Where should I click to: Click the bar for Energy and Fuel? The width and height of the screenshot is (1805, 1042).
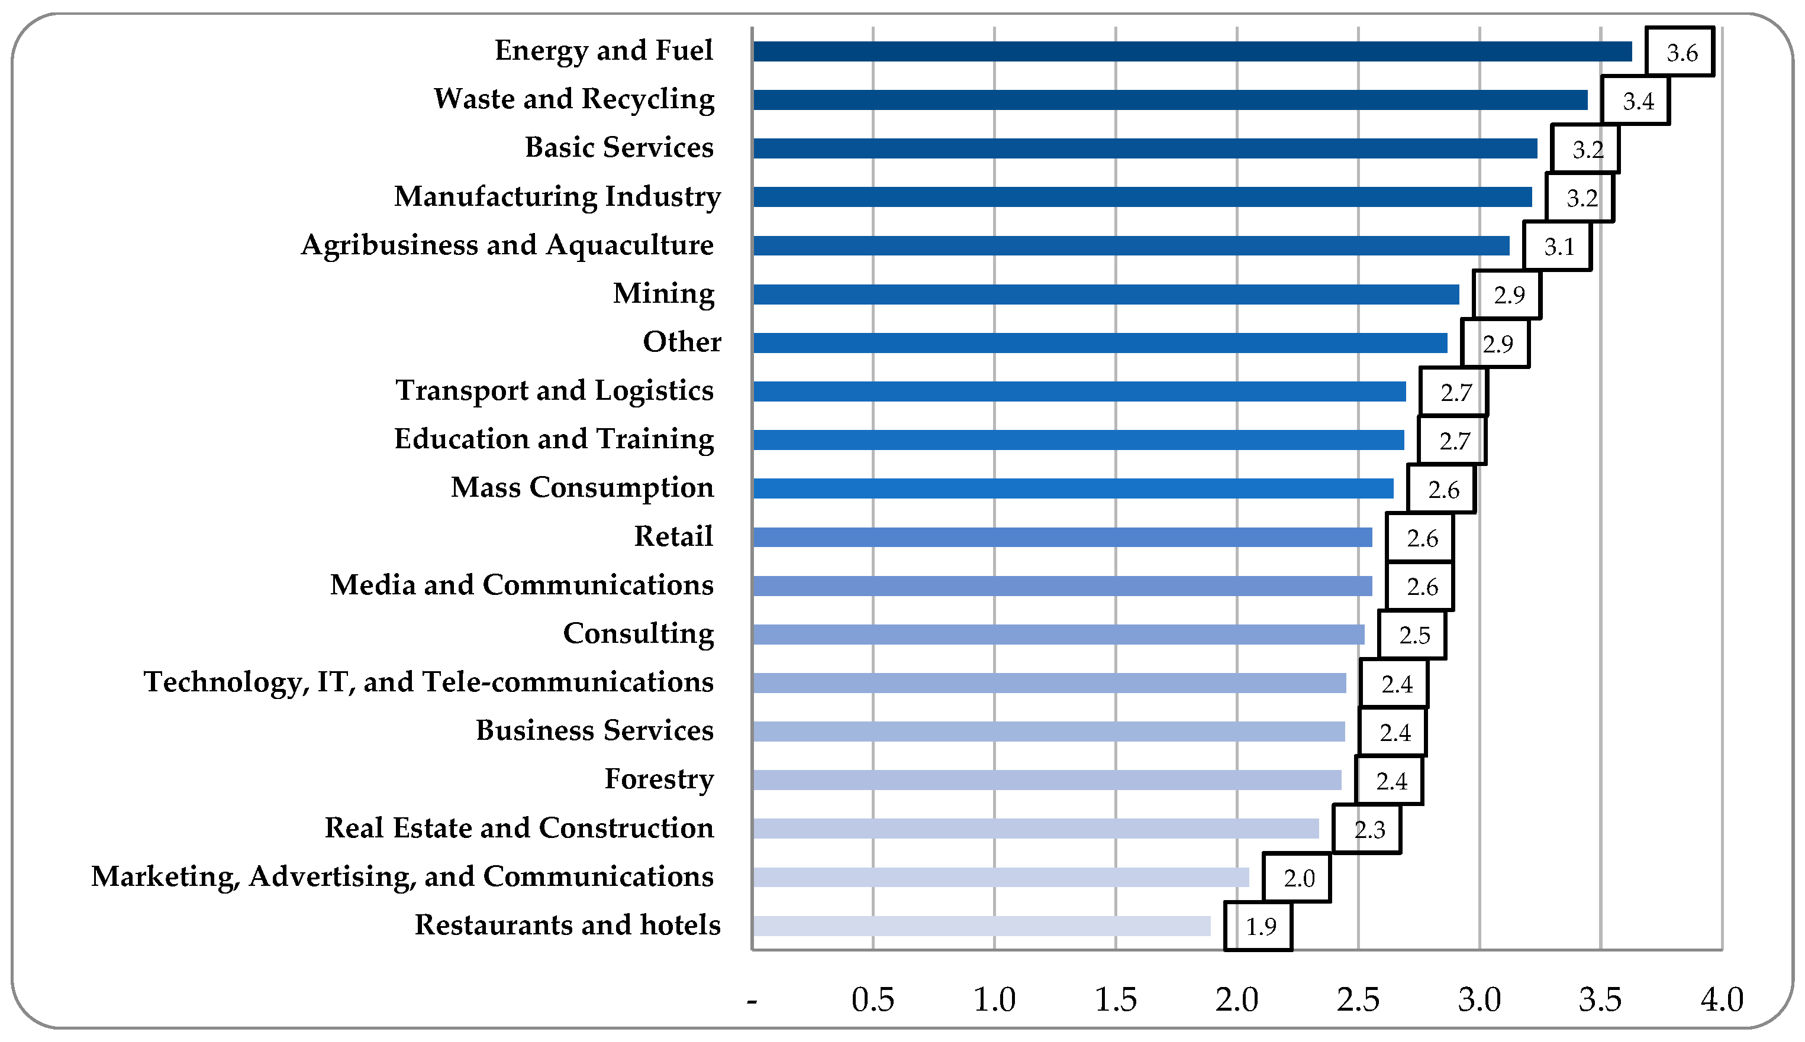tap(1192, 51)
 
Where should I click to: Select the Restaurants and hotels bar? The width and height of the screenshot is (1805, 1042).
tap(981, 926)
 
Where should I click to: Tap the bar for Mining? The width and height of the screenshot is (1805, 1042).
tap(1105, 294)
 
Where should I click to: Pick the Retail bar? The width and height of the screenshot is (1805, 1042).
tap(1062, 538)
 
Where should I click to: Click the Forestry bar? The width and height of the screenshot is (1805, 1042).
tap(1046, 780)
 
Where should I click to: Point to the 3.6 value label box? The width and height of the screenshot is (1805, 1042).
tap(1680, 51)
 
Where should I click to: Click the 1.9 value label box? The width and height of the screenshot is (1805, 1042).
tap(1259, 927)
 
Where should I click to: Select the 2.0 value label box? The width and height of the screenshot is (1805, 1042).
tap(1297, 878)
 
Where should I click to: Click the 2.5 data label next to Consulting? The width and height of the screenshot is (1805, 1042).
tap(1413, 635)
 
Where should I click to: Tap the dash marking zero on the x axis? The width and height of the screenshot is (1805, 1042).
tap(752, 1001)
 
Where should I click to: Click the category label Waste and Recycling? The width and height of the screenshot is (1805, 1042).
tap(574, 99)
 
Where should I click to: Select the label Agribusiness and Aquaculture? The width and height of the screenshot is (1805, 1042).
tap(507, 245)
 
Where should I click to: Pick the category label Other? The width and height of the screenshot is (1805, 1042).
tap(682, 342)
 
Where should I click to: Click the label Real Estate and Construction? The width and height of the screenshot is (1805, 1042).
tap(519, 828)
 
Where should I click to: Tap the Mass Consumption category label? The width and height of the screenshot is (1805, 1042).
tap(582, 488)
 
